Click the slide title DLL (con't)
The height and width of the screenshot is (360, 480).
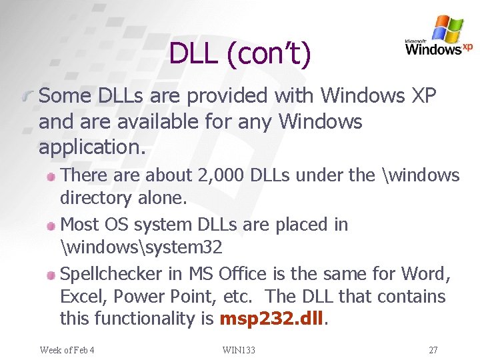(x=240, y=54)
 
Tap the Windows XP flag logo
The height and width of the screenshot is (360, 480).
(x=447, y=29)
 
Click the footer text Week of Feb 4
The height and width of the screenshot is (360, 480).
(x=67, y=350)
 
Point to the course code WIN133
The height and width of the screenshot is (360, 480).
(x=239, y=350)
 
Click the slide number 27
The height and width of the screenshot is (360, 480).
(x=433, y=350)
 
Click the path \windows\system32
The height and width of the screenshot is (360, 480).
(x=141, y=247)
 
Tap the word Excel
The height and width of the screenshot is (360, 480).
(x=81, y=297)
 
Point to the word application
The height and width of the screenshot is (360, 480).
(x=91, y=146)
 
